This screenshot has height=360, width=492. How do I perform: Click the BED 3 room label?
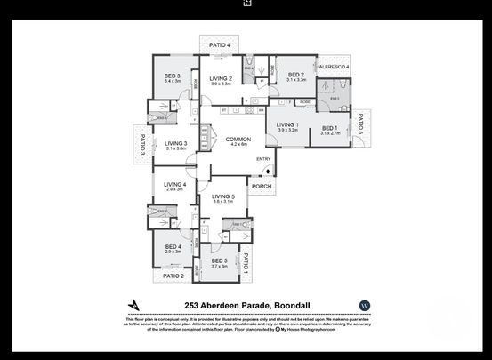point(173,76)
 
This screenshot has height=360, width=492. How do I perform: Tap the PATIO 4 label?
point(220,45)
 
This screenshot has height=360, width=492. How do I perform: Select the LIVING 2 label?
point(221,78)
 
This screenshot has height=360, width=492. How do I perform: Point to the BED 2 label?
point(296,75)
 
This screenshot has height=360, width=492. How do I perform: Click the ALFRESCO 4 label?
point(334,67)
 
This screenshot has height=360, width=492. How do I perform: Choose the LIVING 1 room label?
point(286,124)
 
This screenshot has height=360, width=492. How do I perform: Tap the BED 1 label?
point(330,128)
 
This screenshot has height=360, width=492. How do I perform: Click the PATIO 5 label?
point(360,126)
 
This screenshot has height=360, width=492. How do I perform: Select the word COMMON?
point(238,140)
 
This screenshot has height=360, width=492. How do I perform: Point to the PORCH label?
point(261,187)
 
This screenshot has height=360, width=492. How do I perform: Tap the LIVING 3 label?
point(175,143)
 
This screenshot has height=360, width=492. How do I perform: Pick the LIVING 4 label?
point(174,184)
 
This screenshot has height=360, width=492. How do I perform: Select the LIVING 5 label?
point(222,196)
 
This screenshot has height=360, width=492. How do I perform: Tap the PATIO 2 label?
point(173,276)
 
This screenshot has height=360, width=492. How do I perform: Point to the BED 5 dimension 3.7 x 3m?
point(220,267)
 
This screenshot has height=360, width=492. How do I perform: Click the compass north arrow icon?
point(134,305)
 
